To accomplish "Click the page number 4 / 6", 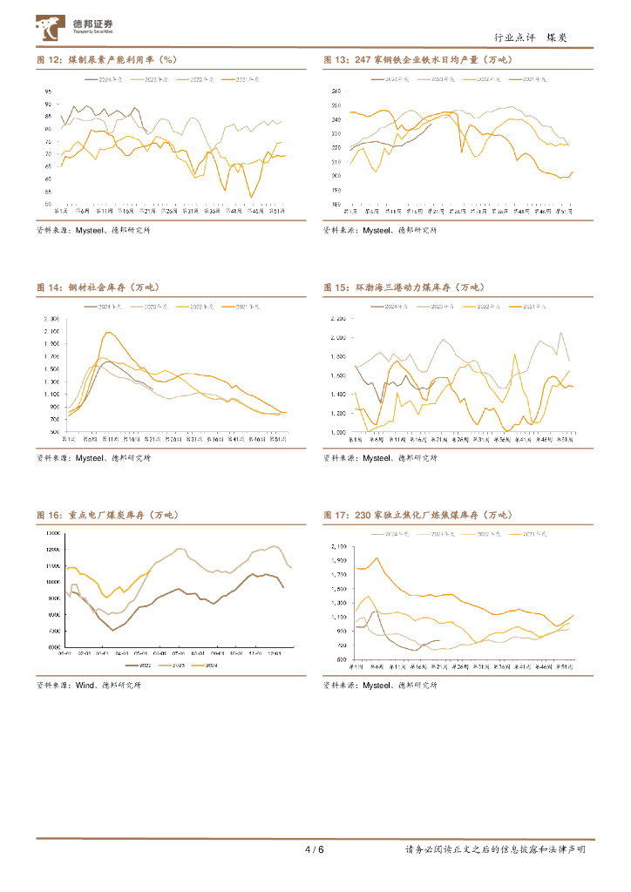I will click(x=315, y=849).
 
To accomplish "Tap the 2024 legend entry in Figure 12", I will click(x=106, y=79).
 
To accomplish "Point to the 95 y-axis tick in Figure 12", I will click(x=49, y=91).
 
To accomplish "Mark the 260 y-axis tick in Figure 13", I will click(x=336, y=91).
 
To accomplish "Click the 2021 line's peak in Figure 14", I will click(x=108, y=332).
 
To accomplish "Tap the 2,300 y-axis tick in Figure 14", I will click(x=50, y=319).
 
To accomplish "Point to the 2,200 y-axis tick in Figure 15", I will click(x=336, y=319).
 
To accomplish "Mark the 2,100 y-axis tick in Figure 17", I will click(x=336, y=546).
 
